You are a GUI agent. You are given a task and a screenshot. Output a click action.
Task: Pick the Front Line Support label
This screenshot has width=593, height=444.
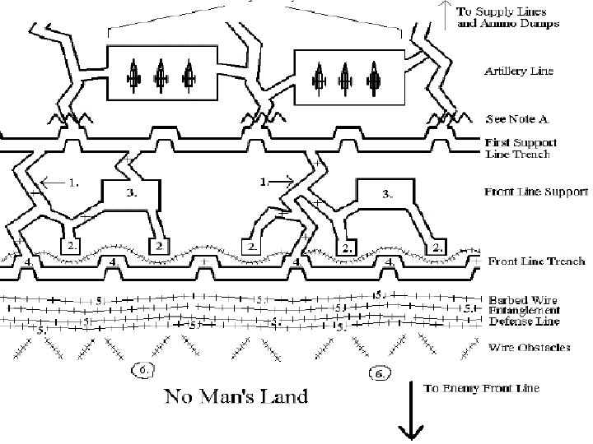tap(535, 192)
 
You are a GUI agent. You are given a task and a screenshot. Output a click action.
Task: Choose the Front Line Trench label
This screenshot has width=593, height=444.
tap(536, 261)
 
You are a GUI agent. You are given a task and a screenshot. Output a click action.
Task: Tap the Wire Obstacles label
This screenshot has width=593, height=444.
tap(530, 348)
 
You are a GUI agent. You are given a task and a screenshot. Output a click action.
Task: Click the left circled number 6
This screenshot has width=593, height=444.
tap(142, 369)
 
